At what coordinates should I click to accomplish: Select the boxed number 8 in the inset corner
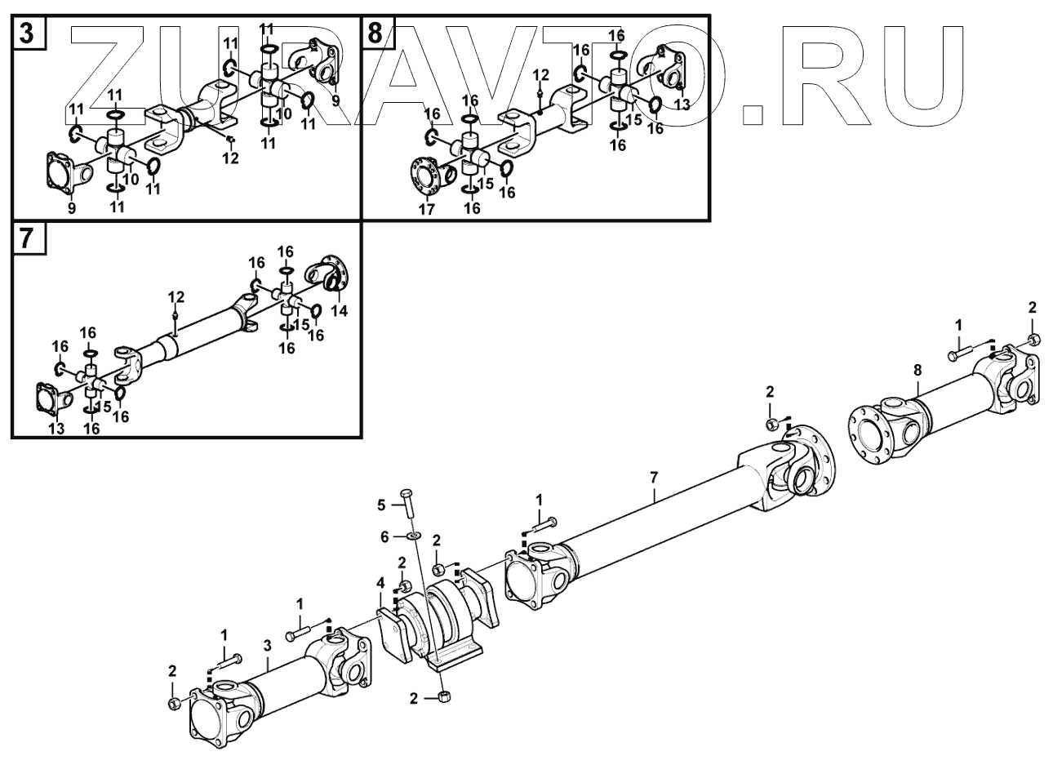(375, 34)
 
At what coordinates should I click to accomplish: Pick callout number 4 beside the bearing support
(380, 582)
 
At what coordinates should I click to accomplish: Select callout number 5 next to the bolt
(380, 505)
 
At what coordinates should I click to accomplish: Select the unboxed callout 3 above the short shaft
(267, 646)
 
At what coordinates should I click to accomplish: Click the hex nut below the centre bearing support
(446, 696)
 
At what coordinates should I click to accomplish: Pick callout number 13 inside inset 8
(682, 104)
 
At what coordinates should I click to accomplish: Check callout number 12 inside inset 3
(231, 158)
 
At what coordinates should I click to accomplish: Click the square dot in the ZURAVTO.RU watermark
(752, 112)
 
